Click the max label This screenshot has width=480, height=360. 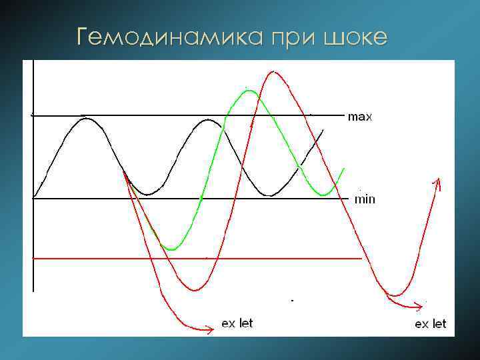(360, 117)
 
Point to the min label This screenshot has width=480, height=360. (365, 199)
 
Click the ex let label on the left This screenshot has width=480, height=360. (237, 324)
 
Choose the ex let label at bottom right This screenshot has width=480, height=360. (431, 324)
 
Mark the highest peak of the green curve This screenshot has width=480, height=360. (249, 91)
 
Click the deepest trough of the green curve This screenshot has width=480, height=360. (171, 249)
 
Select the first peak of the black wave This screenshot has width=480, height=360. (85, 118)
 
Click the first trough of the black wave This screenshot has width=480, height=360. (148, 195)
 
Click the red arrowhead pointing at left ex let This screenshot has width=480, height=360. (211, 327)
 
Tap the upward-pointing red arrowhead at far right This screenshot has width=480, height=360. (438, 180)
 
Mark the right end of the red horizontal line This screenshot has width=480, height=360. (361, 257)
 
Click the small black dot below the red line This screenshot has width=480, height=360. (291, 301)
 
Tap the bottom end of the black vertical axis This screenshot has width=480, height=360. (33, 291)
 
